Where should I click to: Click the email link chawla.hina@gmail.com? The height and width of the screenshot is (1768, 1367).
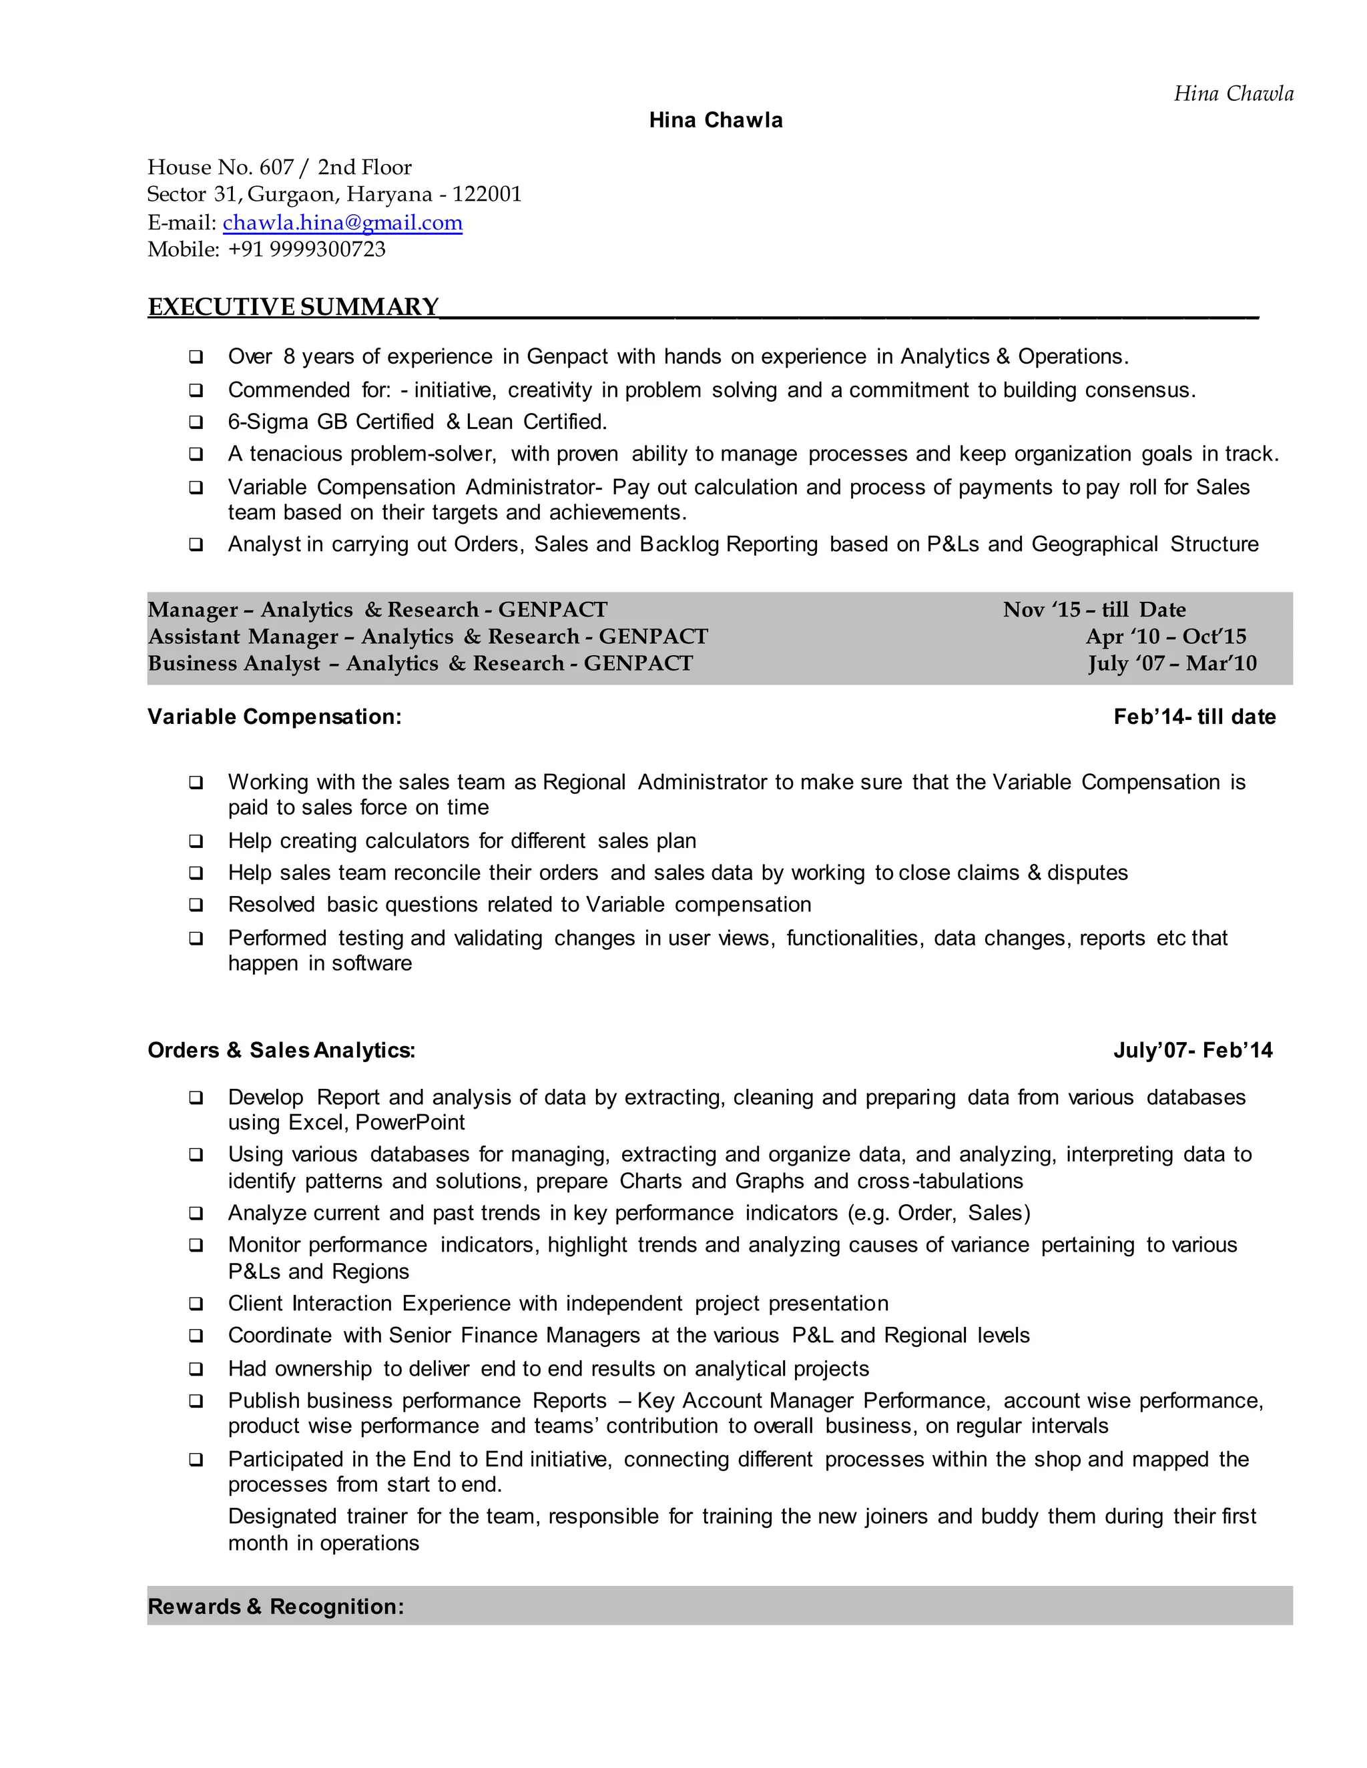tap(342, 223)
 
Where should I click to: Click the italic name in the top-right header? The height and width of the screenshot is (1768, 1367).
tap(1233, 94)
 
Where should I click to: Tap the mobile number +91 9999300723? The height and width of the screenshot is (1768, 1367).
tap(306, 250)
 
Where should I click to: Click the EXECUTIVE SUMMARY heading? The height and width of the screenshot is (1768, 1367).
tap(293, 308)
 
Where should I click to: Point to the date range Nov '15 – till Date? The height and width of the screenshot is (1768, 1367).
tap(1093, 610)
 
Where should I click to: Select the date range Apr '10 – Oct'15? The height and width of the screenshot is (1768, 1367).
tap(1165, 636)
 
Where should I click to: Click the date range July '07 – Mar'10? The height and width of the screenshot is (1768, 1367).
tap(1172, 663)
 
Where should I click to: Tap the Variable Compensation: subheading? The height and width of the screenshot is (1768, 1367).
tap(274, 717)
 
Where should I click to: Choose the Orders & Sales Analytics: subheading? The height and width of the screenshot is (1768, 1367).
tap(281, 1050)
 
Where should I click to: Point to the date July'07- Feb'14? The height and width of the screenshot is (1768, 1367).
tap(1192, 1050)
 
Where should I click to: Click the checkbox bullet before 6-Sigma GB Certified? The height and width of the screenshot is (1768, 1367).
tap(196, 422)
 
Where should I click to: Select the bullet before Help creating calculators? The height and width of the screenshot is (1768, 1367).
tap(196, 841)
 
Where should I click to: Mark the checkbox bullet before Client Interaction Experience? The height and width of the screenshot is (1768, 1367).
tap(196, 1304)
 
